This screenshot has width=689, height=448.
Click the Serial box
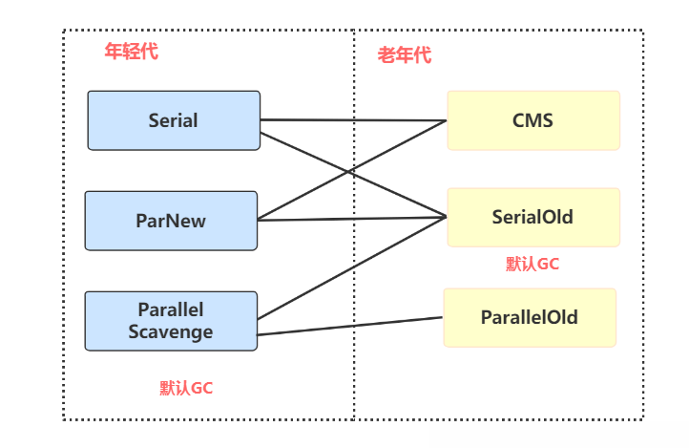pos(174,120)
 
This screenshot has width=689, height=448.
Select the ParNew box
pos(171,221)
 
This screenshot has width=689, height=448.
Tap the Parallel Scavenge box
pos(171,321)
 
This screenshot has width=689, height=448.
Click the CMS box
pos(533,120)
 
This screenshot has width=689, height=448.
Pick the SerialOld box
pos(533,217)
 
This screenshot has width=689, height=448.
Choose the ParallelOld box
pos(530,317)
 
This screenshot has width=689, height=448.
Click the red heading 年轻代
pos(132,52)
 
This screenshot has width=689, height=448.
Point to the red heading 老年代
pos(405,55)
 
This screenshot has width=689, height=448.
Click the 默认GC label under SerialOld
pos(532,265)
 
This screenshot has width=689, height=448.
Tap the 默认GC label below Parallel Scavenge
pos(186,388)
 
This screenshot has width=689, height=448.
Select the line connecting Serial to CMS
pos(353,120)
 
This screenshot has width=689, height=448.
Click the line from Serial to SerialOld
pos(353,175)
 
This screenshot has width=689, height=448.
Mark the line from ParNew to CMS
pos(352,170)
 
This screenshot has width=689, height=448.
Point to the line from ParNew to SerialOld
pos(352,219)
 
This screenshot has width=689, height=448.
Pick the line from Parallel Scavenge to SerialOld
pos(352,267)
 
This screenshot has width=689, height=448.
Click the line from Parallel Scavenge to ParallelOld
pos(350,327)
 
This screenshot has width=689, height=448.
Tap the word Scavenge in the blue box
pos(171,332)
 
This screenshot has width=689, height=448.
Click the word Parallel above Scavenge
pos(171,309)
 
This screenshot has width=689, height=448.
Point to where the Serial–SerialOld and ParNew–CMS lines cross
pos(350,171)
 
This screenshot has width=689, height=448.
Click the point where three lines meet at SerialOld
pos(446,217)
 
